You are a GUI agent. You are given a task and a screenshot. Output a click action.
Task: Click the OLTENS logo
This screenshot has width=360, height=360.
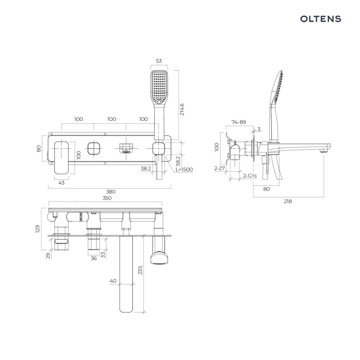tap(321, 19)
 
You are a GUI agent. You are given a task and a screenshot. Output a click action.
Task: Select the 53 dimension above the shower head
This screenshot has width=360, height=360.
tap(159, 61)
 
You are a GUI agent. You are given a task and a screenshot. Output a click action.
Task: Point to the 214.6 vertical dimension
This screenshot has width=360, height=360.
tap(182, 109)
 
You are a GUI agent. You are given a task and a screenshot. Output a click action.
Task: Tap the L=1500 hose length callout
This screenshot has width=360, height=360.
tap(184, 169)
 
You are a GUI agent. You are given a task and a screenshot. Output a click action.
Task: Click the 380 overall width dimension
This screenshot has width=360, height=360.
tap(111, 192)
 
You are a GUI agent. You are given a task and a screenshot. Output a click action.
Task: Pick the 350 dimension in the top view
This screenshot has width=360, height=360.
tap(107, 198)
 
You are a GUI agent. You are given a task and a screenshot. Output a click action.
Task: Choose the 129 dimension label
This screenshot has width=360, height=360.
tap(37, 229)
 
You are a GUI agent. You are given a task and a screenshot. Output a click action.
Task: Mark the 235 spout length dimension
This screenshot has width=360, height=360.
tap(140, 270)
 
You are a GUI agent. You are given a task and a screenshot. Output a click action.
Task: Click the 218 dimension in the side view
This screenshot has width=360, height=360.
tap(288, 201)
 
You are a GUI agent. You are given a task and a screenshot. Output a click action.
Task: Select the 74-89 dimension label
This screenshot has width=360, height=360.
tap(239, 122)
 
